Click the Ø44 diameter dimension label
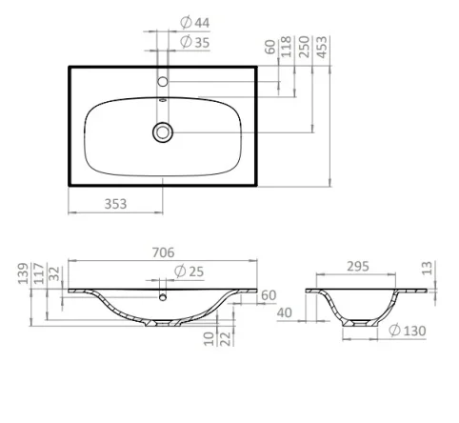pos(196,21)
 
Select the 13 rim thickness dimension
pos(427,270)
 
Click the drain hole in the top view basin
pos(164,131)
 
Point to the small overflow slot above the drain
pos(163,99)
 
